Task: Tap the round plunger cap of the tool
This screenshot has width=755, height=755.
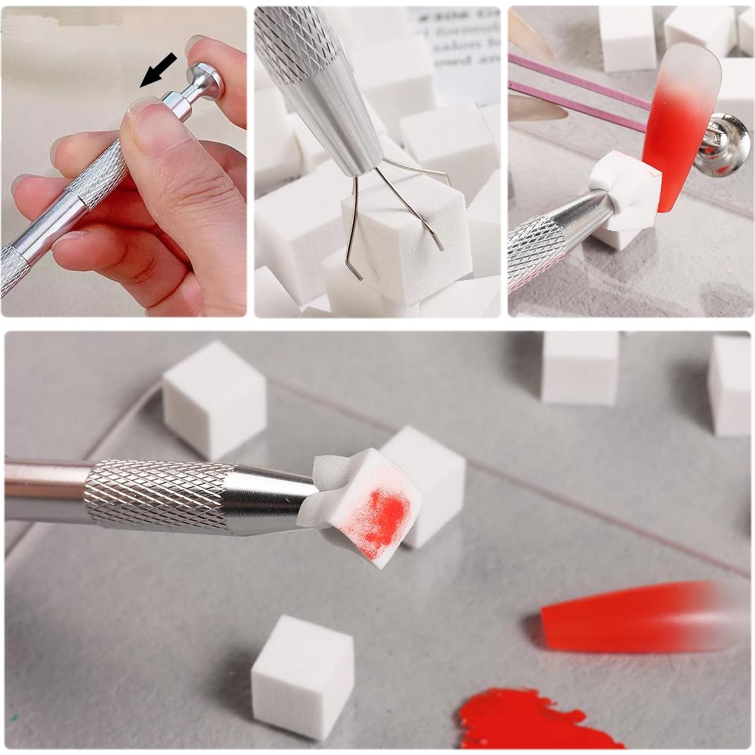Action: click(207, 79)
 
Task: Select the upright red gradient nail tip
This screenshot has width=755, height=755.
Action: click(678, 120)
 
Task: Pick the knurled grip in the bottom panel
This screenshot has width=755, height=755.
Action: click(158, 494)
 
